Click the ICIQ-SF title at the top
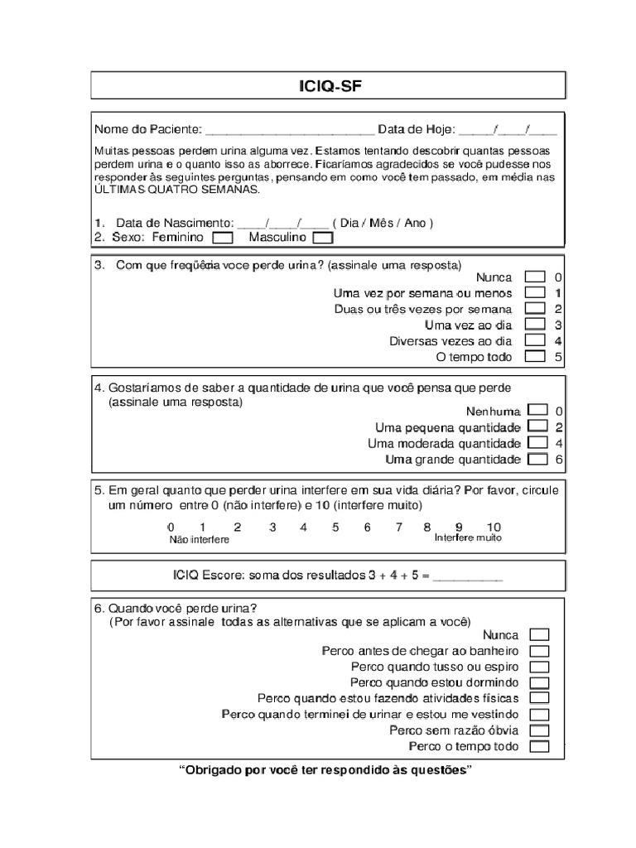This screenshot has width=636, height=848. pos(327,85)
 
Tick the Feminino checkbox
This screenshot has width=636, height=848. pos(222,238)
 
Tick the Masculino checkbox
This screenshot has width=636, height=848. pos(322,238)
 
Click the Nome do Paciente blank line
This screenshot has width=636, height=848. pos(289,131)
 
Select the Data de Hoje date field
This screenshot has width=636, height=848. pos(508,131)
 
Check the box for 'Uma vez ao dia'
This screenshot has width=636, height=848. pos(535,325)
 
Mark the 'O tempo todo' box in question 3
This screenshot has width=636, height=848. pos(535,357)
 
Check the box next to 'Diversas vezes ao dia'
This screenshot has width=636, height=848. pos(535,340)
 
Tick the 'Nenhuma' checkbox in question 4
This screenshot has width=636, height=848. pos(537,410)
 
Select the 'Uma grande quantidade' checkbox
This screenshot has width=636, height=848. pos(537,459)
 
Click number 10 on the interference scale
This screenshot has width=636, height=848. pos(494,527)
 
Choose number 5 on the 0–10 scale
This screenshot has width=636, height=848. pos(335,527)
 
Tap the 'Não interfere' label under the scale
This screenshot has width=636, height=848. pos(199,539)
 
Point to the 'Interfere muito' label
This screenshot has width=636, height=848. pos(468,537)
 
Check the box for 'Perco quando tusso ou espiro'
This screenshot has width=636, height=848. pos(539,667)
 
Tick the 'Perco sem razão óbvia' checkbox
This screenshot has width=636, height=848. pos(539,730)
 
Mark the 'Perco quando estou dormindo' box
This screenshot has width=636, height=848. pos(539,682)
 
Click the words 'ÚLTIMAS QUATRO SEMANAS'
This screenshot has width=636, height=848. pos(176,190)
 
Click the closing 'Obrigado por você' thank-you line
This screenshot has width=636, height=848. pos(326,770)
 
